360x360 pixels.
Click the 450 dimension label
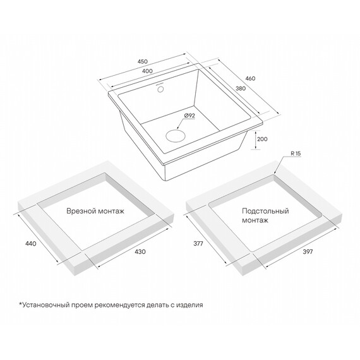point(143,61)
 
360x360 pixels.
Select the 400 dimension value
point(147,71)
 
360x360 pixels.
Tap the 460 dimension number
point(250,78)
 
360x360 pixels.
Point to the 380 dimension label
point(241,88)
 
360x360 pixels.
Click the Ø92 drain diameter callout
point(189,116)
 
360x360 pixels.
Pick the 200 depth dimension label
point(262,139)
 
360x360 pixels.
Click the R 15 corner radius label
point(296,153)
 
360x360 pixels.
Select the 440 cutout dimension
point(31,244)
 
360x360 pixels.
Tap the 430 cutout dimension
point(140,252)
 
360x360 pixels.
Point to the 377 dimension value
point(198,244)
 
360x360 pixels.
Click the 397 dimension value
point(308,252)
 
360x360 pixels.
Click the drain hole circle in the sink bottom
point(176,135)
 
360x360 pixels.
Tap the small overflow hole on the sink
point(160,89)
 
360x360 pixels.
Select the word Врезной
point(80,211)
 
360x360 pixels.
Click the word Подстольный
point(265,211)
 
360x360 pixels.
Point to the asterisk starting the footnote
point(20,304)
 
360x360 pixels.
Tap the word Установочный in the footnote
point(45,305)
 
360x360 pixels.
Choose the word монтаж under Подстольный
point(255,220)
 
